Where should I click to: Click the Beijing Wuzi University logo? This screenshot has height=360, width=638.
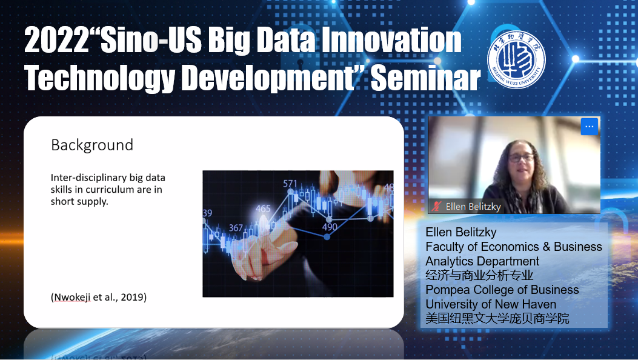[x=516, y=59]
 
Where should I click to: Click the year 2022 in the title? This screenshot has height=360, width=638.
[x=56, y=41]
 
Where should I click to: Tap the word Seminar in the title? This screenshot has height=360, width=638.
[x=425, y=79]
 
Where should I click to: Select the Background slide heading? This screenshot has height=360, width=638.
[x=92, y=145]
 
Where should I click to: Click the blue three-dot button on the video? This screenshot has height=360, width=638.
[x=589, y=127]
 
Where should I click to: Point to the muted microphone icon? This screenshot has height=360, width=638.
[x=437, y=206]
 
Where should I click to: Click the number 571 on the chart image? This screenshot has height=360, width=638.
[x=290, y=184]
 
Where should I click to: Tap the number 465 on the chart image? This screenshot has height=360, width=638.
[x=263, y=208]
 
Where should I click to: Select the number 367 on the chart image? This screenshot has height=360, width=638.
[x=236, y=228]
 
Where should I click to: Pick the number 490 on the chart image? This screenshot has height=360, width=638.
[x=330, y=227]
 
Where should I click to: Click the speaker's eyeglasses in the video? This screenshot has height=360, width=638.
[x=520, y=158]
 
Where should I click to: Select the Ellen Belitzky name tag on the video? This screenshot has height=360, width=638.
[x=466, y=207]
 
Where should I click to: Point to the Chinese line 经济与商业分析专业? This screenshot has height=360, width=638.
[x=479, y=275]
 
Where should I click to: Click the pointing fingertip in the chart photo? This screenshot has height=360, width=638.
[x=264, y=224]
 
